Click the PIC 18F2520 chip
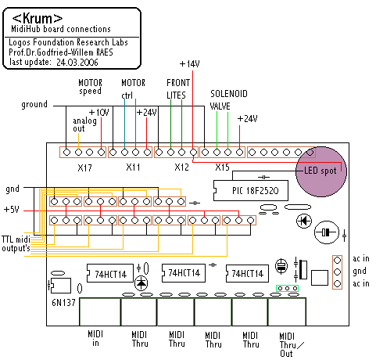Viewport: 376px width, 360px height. coord(251,190)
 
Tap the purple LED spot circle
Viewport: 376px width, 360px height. coord(321,171)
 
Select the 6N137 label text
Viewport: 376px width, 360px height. coord(63,303)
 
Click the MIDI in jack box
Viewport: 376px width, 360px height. coord(100,311)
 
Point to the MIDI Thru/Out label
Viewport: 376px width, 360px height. coord(291,344)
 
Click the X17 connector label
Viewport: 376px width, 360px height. coord(84,167)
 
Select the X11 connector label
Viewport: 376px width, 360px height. coord(133,167)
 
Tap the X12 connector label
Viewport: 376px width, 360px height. coord(181,167)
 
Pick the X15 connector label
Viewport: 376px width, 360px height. coord(222,167)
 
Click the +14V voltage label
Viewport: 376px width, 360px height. coord(190,64)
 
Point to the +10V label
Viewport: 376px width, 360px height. coord(99,113)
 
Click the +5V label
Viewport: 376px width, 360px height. coord(12,210)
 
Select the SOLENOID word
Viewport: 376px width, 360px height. coord(229,94)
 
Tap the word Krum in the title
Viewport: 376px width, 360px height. coord(38,18)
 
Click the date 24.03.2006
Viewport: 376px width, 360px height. coord(77,63)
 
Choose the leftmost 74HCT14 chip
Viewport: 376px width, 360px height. coord(110,274)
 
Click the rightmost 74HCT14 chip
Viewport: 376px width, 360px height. coord(247,274)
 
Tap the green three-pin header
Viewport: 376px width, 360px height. coord(287,288)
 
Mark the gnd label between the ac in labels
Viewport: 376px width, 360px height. coord(360,271)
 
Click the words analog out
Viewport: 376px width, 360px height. coord(84,124)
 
